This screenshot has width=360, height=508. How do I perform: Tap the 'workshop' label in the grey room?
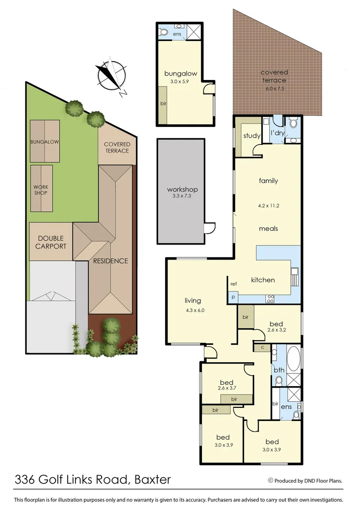[182, 190]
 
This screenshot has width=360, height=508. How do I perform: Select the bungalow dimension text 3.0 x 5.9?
[181, 82]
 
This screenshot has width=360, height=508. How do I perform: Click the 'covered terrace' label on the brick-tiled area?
[274, 76]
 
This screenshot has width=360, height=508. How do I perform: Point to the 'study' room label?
[252, 136]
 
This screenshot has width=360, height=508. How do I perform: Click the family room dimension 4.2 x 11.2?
[268, 205]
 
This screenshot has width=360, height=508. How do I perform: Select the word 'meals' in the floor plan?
[268, 229]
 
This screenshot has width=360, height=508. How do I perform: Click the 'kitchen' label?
[263, 280]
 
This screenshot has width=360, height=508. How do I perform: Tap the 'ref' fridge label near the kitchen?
[233, 284]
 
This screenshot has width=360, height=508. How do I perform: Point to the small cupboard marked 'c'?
[262, 348]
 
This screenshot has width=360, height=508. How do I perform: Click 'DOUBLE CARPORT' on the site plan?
[51, 242]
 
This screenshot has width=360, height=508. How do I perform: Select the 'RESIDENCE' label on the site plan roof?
[110, 261]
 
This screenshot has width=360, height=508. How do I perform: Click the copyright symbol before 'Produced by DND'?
[270, 480]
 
